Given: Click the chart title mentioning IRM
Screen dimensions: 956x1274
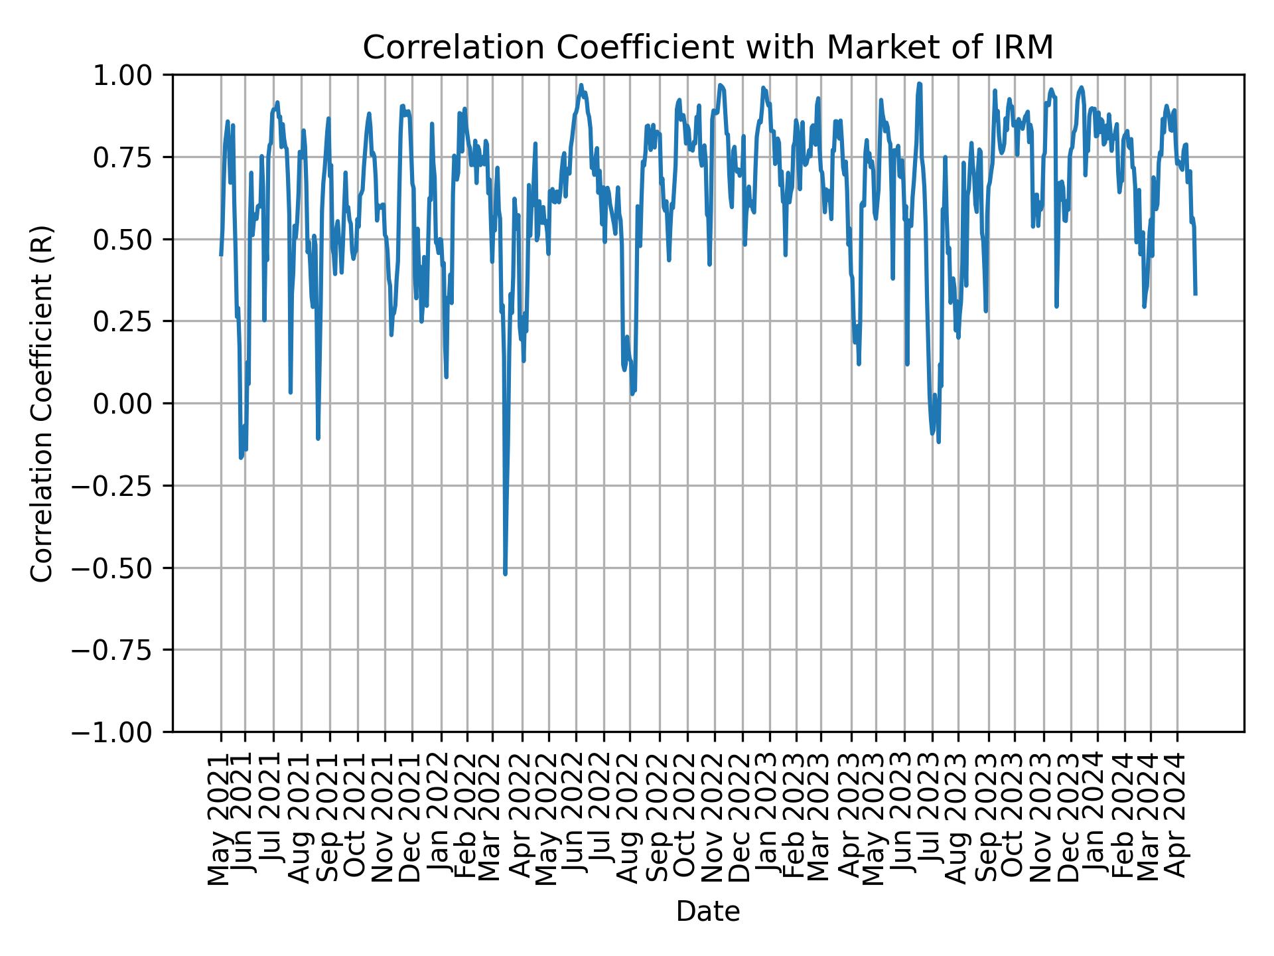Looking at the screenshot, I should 707,48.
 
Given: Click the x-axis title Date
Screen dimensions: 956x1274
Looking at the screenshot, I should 707,912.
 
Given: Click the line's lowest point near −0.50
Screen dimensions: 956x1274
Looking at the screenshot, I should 505,574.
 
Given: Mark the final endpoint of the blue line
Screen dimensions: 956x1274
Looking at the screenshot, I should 1195,293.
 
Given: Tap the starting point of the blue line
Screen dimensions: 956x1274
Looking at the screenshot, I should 221,255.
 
